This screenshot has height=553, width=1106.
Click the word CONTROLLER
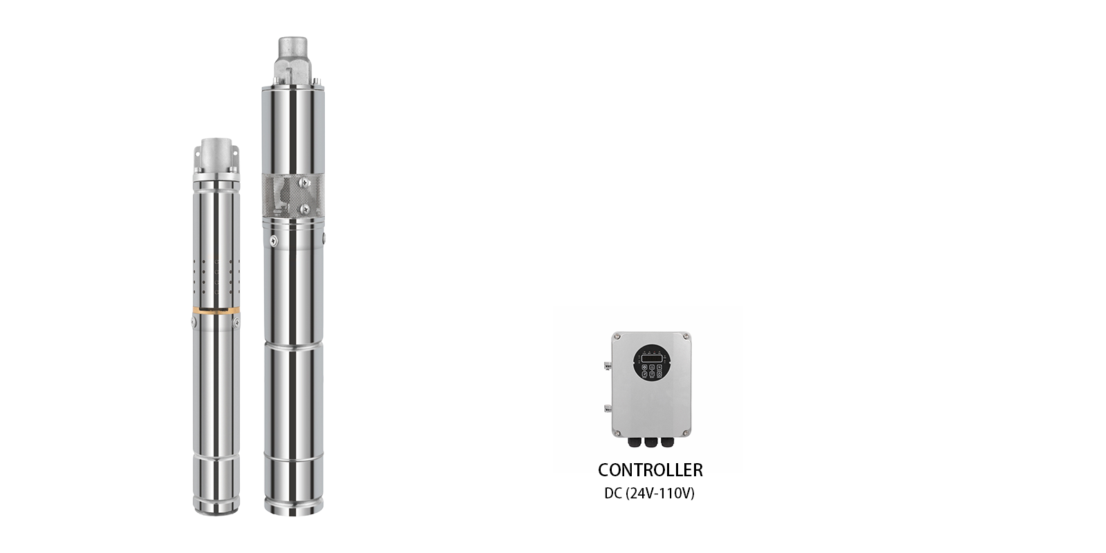[650, 470]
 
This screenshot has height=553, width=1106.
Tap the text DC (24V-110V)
[649, 494]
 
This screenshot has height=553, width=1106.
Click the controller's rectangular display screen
[651, 358]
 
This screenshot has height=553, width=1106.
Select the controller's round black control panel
[652, 363]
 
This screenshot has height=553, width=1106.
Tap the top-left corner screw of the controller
[617, 337]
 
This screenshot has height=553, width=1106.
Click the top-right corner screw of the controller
[686, 337]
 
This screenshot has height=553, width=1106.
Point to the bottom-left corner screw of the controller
[617, 433]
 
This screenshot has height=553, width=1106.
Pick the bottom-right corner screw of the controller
[686, 433]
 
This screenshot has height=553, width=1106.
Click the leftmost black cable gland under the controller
[634, 442]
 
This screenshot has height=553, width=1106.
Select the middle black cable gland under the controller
[650, 442]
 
